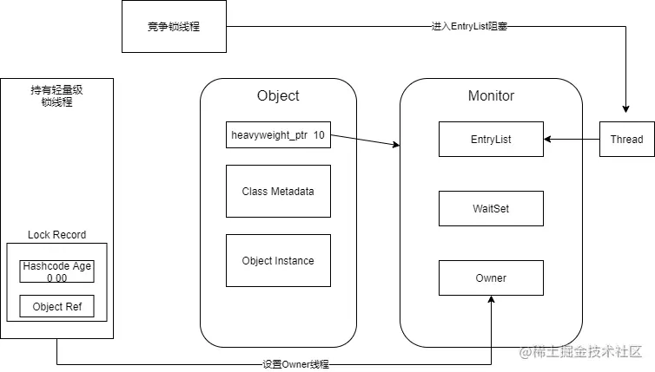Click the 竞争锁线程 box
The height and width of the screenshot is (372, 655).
tap(174, 26)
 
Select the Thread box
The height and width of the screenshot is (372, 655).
tap(626, 139)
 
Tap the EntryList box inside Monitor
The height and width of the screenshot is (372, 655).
tap(491, 139)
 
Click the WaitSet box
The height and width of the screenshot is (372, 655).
tap(491, 208)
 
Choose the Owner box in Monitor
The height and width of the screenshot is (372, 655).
tap(491, 277)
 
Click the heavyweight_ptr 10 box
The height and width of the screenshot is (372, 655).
tap(278, 135)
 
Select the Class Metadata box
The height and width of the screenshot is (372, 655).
tap(278, 191)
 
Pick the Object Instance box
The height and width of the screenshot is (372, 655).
tap(278, 260)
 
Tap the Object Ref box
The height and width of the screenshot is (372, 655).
tap(56, 306)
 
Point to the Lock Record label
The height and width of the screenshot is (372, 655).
tap(56, 235)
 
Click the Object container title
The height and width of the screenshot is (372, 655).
tap(278, 95)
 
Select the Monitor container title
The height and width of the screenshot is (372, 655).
tap(491, 95)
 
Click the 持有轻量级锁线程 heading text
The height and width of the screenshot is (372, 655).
tap(56, 95)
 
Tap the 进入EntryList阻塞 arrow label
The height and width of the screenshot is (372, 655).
tap(469, 27)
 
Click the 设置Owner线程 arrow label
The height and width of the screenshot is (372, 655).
tap(295, 364)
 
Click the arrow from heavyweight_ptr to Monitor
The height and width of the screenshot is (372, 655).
tap(365, 141)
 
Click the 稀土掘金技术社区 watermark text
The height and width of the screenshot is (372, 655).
tap(580, 351)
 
